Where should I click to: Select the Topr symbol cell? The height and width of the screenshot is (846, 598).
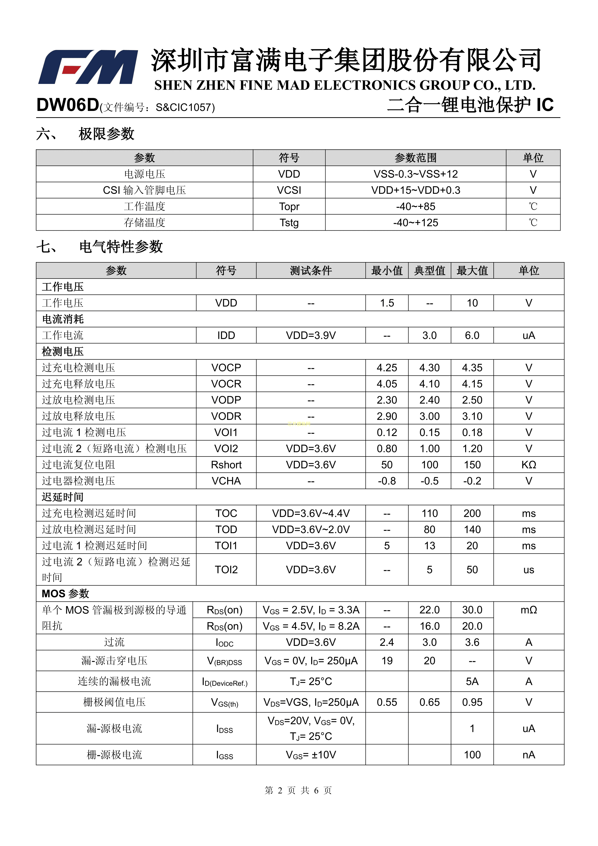pos(289,206)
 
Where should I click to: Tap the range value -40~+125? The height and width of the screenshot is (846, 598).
pos(415,223)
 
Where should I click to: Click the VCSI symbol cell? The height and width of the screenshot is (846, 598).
pos(289,190)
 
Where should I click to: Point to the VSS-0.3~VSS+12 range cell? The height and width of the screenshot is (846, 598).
pos(415,174)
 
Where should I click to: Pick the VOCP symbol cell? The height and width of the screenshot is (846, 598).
pos(226,368)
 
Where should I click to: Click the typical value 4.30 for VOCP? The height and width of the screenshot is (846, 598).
pos(429,368)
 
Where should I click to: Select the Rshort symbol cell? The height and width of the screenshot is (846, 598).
pos(226,465)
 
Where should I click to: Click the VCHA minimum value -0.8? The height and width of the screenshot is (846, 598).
pos(387,481)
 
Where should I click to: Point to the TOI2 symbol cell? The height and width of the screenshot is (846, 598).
pos(226,570)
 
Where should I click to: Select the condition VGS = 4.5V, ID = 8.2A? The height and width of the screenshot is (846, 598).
pos(311,626)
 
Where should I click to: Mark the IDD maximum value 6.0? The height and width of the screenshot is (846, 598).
pos(472,335)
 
